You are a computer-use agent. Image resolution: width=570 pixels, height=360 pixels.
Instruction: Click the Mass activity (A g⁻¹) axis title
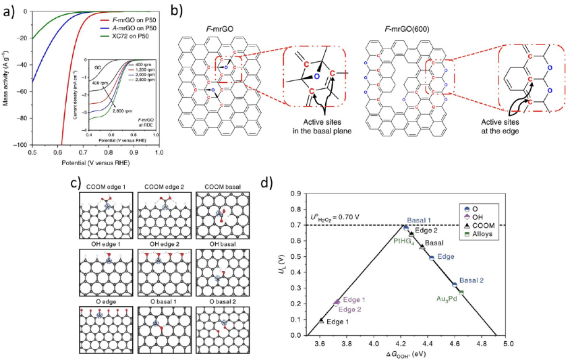click(7, 78)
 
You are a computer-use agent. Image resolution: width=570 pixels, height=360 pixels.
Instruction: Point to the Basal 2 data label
click(472, 280)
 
